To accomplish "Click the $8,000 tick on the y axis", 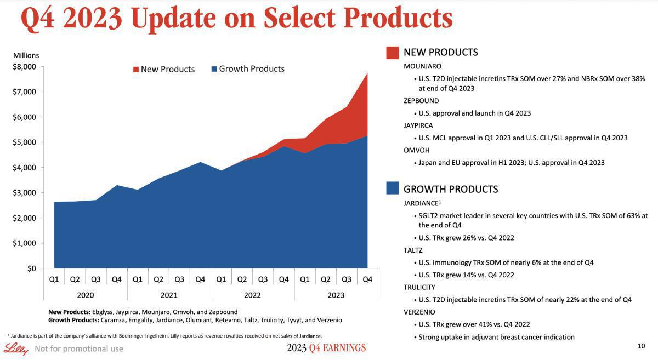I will [x=24, y=67].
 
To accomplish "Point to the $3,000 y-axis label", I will [x=24, y=193].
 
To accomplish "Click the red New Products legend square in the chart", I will [x=136, y=70].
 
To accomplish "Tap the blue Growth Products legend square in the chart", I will [x=214, y=69].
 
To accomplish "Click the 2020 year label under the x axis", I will [x=85, y=295].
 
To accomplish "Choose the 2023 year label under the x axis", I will [x=336, y=295].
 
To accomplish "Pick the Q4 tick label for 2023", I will [x=367, y=279].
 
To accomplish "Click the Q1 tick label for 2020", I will [x=54, y=279].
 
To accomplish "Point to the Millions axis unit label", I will [x=26, y=55].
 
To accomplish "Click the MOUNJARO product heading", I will [x=422, y=66].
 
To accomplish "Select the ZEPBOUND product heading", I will [x=421, y=101].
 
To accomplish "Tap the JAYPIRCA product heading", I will [x=419, y=125].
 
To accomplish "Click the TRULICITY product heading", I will [x=419, y=287].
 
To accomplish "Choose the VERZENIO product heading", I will [x=419, y=312].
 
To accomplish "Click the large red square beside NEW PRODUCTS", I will [x=392, y=53].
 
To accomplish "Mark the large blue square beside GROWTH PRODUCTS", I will [x=392, y=188].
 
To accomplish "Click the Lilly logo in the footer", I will [x=15, y=348].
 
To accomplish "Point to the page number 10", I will [x=642, y=346].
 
